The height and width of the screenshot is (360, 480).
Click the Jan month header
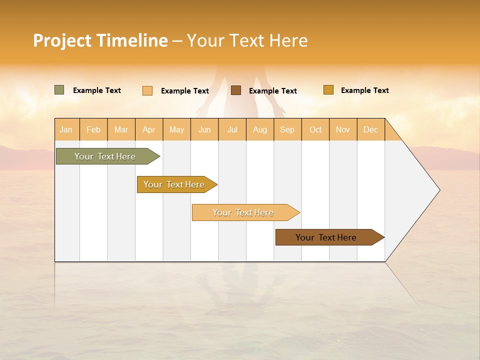pos(66,129)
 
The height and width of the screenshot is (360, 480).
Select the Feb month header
pos(93,129)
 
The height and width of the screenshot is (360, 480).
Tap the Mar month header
pos(121,129)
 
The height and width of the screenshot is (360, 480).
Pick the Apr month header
pos(149,129)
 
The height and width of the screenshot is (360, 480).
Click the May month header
pos(176,129)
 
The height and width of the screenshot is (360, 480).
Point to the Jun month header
pos(204,129)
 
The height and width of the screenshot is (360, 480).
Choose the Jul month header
pos(232,129)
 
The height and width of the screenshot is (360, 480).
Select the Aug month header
pos(260,129)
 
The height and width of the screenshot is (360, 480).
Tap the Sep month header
pos(287,129)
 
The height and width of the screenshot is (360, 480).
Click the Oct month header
pos(315,129)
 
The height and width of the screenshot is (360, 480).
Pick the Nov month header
pos(343,129)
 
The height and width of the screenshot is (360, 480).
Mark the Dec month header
pos(371,129)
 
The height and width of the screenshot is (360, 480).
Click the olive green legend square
pos(59,90)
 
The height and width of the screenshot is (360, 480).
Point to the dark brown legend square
pos(236,90)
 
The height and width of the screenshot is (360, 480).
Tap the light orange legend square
pos(147,90)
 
